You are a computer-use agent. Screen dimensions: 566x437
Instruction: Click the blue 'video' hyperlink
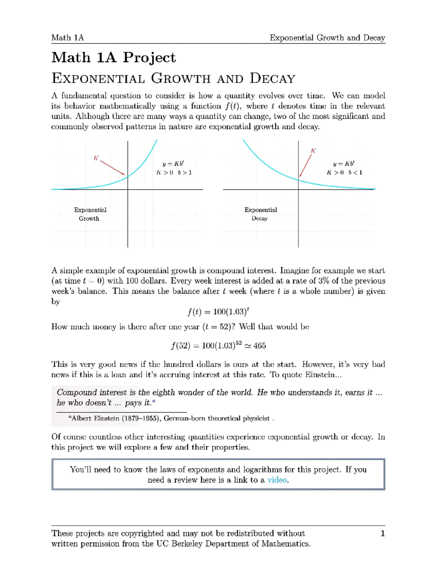(277, 480)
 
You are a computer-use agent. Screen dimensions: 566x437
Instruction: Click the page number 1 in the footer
(382, 534)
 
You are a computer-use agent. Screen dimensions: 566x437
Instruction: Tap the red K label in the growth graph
(96, 158)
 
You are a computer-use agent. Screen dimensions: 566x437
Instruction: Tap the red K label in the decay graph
(313, 151)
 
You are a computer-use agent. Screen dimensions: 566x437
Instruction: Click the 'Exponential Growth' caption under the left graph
(90, 214)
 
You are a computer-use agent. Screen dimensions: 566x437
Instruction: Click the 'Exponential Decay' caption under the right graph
(260, 214)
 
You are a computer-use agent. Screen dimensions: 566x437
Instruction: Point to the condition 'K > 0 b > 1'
(174, 173)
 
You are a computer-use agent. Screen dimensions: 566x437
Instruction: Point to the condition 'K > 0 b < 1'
(344, 173)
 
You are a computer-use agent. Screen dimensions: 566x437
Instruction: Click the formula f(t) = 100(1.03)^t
(218, 312)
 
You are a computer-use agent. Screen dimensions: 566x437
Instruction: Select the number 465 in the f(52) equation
(260, 346)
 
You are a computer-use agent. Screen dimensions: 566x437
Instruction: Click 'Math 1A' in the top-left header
(67, 38)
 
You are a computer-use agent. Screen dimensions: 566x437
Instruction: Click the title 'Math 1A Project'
(114, 58)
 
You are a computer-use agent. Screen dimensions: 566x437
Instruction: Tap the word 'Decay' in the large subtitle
(272, 78)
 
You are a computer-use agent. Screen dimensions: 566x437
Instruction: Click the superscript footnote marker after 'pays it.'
(154, 401)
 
